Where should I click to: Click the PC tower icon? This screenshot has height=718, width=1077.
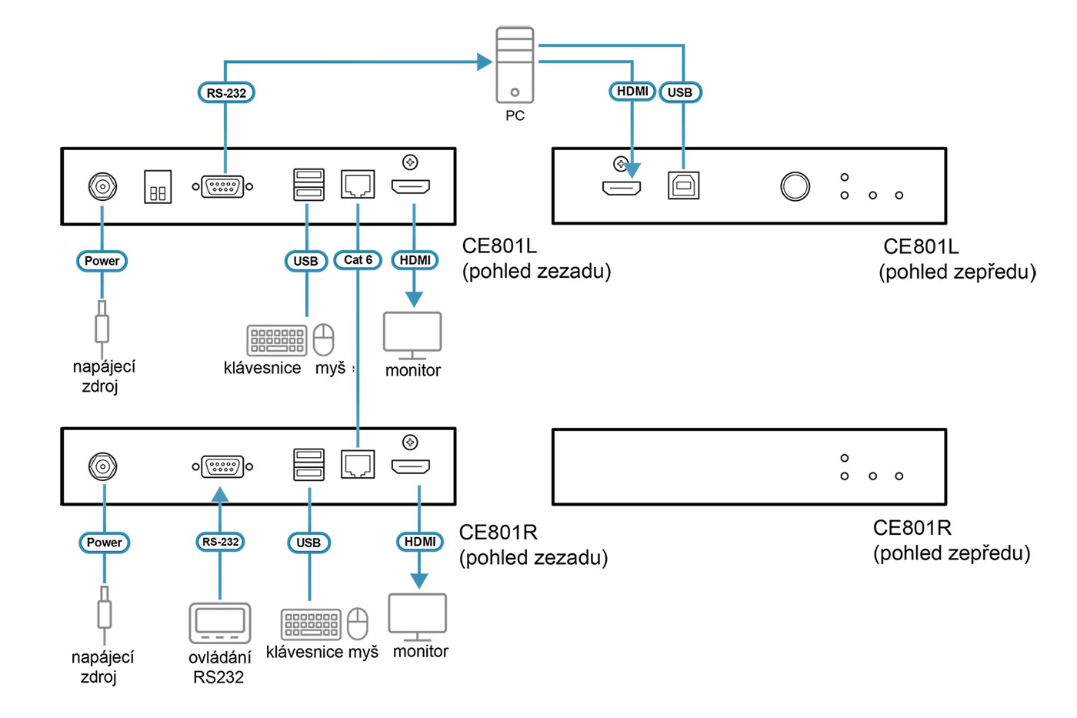[x=515, y=65]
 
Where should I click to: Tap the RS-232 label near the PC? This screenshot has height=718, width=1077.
[x=226, y=93]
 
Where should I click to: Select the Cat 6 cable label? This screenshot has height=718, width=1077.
[x=358, y=260]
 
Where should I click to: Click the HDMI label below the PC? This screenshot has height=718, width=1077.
[x=632, y=92]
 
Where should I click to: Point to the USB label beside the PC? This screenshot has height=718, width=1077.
[x=680, y=92]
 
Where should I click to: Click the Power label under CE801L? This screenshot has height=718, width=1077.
[x=102, y=261]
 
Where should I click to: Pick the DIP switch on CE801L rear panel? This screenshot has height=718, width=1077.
[x=158, y=187]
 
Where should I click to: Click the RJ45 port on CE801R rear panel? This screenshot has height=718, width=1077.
[x=358, y=464]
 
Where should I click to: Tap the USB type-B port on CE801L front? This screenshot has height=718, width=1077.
[x=683, y=185]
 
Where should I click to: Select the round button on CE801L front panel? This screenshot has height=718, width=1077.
[x=795, y=186]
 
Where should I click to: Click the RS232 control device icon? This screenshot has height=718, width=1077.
[x=220, y=623]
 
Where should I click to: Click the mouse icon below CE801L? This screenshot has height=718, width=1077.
[x=324, y=339]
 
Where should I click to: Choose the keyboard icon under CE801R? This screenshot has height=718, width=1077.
[x=311, y=624]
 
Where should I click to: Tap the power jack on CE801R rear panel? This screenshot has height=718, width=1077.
[x=102, y=466]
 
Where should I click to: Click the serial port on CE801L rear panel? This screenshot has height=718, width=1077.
[x=222, y=186]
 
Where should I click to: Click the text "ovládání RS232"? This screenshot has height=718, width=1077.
[x=219, y=667]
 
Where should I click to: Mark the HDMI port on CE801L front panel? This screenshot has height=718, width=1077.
[x=622, y=187]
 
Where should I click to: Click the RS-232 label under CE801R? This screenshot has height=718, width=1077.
[x=220, y=542]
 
